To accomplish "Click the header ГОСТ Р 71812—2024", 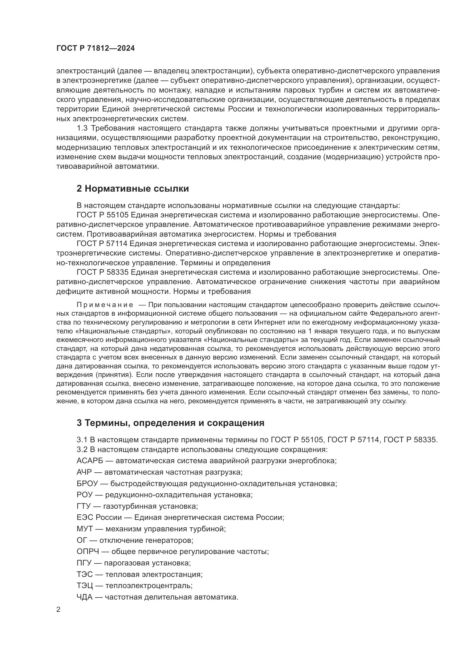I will [x=95, y=48].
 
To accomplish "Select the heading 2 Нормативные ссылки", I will [x=132, y=189].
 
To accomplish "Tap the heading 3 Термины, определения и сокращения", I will [x=171, y=423].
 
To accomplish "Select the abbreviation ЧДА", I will [x=84, y=597].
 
